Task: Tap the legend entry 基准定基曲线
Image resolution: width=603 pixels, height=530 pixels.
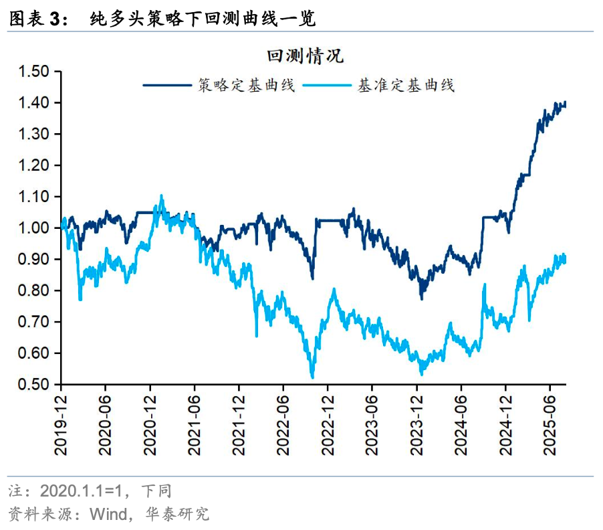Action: coord(406,86)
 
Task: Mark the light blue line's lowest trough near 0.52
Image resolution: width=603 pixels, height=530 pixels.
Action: coord(312,377)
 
